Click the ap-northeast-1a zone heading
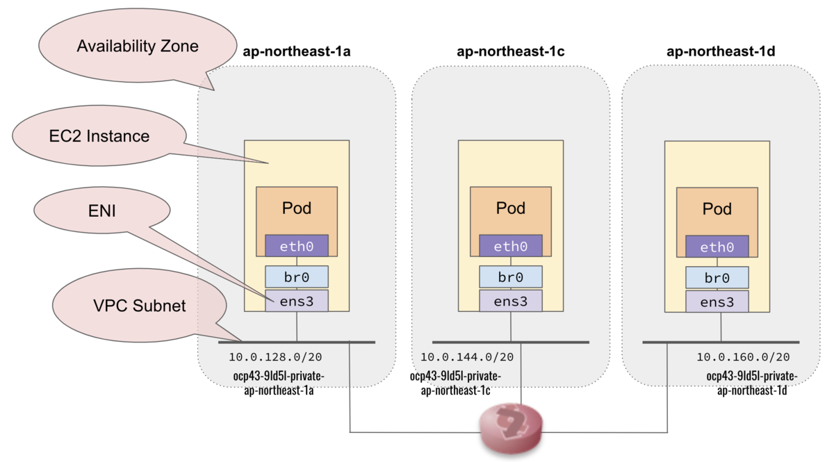pyautogui.click(x=297, y=51)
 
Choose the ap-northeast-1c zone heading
pyautogui.click(x=510, y=51)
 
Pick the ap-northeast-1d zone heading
pyautogui.click(x=721, y=51)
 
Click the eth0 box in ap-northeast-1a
pyautogui.click(x=297, y=245)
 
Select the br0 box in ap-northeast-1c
pyautogui.click(x=510, y=277)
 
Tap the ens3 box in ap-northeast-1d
pyautogui.click(x=717, y=302)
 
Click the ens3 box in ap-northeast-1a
pyautogui.click(x=297, y=301)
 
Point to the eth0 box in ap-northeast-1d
pyautogui.click(x=717, y=246)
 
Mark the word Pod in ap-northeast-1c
pyautogui.click(x=510, y=208)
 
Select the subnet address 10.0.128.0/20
pyautogui.click(x=275, y=357)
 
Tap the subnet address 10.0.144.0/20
pyautogui.click(x=466, y=357)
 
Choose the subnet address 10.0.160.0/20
pyautogui.click(x=743, y=357)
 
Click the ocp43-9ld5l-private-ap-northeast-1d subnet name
pyautogui.click(x=751, y=383)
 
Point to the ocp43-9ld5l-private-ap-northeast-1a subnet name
pyautogui.click(x=279, y=383)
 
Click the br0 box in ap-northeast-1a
pyautogui.click(x=297, y=277)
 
